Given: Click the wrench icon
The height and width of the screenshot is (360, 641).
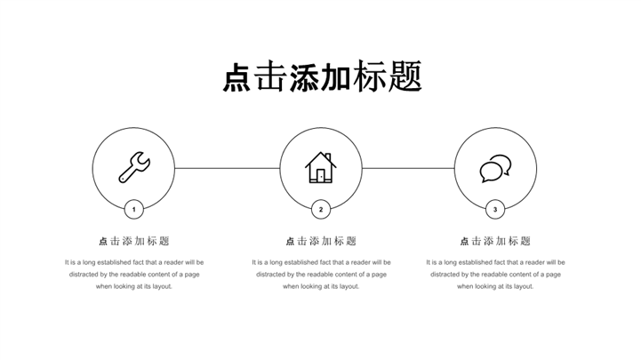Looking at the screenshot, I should (x=134, y=167).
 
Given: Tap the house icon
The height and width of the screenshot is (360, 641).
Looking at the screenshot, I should (x=321, y=167).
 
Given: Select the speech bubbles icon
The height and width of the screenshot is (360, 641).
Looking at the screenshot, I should (x=495, y=168).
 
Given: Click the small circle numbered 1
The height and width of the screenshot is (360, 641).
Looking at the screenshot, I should (x=133, y=210).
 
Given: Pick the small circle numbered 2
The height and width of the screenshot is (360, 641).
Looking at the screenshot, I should (x=321, y=210).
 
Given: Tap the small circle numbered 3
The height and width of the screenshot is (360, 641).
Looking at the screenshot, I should (x=495, y=210).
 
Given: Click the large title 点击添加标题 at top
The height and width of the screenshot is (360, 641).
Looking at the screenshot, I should (x=321, y=77).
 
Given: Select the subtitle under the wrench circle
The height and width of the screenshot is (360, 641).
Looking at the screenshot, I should (x=133, y=241).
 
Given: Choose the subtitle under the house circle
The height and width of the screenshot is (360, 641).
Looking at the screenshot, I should (x=321, y=241).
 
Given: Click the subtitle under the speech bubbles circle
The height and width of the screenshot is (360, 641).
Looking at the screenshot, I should (x=495, y=241).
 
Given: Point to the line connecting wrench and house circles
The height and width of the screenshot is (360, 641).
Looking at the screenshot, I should (x=227, y=168).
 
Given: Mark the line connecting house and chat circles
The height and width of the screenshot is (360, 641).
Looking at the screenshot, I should (x=408, y=168).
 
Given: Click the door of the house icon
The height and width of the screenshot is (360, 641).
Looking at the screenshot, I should (x=321, y=175).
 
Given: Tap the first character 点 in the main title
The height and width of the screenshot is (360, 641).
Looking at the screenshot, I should (x=236, y=78).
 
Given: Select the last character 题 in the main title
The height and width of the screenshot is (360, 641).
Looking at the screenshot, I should (x=405, y=77).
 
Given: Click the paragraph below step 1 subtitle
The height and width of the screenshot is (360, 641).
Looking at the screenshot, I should (x=133, y=274).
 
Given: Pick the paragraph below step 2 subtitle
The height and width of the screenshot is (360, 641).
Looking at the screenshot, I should (x=321, y=274).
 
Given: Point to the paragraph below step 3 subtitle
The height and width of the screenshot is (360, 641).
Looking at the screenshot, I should (x=495, y=274).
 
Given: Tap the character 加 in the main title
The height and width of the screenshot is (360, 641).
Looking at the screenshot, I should (x=338, y=77).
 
